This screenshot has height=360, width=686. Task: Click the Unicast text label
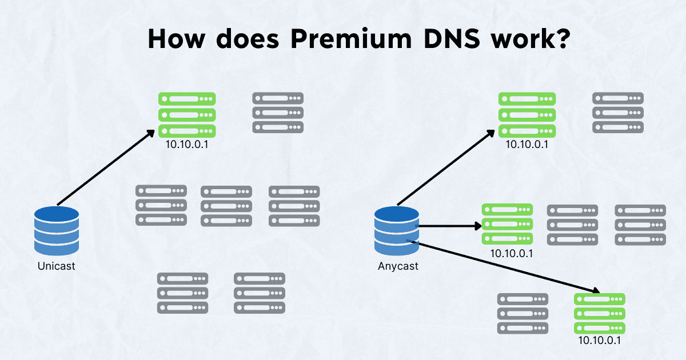(x=56, y=266)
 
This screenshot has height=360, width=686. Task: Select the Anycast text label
(x=398, y=266)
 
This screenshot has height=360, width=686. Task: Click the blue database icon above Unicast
(x=56, y=231)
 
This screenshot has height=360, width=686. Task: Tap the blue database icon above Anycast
(x=397, y=231)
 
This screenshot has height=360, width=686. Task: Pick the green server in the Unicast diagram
(x=187, y=114)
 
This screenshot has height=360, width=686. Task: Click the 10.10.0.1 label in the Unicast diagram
(x=187, y=144)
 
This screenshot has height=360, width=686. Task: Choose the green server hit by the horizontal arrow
(x=507, y=224)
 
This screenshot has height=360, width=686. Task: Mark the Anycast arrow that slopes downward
(x=503, y=266)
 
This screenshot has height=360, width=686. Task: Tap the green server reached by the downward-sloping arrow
(x=600, y=313)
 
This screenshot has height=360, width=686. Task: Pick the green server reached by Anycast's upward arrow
(x=527, y=114)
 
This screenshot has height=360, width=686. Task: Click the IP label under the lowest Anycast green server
(x=600, y=341)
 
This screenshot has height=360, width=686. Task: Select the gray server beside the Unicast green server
(x=278, y=113)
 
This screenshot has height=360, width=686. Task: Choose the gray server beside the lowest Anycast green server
(x=523, y=313)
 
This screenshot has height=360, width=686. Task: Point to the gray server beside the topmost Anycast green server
(x=618, y=113)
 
